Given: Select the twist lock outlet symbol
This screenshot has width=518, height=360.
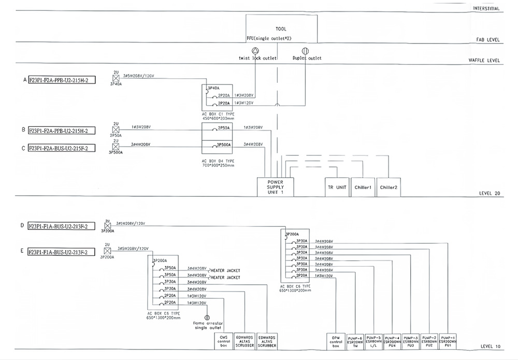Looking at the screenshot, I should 255,51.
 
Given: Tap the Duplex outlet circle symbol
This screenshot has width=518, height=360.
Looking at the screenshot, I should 305,51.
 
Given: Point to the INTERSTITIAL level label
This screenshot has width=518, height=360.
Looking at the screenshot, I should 486,9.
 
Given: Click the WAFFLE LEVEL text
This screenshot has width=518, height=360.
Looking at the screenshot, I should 484,60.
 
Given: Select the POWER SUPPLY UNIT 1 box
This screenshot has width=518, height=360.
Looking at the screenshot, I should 275,186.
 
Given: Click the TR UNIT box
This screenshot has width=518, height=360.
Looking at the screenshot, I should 337,187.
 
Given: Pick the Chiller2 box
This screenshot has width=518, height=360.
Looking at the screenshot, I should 388,187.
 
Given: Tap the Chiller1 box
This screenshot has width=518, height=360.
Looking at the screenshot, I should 363,187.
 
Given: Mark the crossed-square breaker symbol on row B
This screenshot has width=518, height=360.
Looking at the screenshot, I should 116,129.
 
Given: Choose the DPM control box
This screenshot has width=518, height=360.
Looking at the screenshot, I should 336,340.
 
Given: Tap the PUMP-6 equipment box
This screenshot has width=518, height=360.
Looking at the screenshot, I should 355,340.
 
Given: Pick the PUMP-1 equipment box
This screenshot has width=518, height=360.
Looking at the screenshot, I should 448,340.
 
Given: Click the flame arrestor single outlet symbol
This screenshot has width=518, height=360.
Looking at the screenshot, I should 207,318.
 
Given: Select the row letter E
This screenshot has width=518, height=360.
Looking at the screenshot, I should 22,252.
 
